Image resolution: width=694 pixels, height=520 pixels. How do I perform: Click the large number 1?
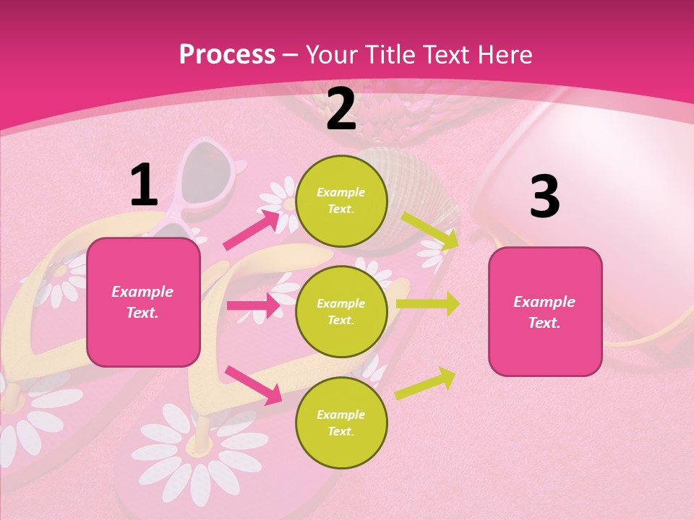click(144, 185)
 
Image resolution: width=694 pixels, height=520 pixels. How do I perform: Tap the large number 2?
click(341, 110)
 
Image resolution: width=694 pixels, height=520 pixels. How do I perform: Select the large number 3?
click(544, 196)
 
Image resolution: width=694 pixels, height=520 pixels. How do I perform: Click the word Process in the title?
click(227, 54)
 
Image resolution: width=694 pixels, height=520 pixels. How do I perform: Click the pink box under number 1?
click(143, 302)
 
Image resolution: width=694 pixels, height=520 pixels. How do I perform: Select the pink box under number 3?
click(545, 311)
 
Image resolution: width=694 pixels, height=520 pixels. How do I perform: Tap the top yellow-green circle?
click(341, 201)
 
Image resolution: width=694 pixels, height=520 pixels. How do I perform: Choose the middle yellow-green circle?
click(341, 311)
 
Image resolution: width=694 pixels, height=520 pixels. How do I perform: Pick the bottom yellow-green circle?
click(341, 422)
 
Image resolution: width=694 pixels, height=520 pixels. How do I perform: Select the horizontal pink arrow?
click(254, 305)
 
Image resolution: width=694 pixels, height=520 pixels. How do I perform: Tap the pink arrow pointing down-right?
click(253, 383)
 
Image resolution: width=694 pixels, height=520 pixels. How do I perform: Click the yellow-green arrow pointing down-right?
click(429, 230)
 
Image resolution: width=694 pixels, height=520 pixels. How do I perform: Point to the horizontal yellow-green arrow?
click(428, 303)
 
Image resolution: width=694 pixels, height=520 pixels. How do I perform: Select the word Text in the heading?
click(445, 54)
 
